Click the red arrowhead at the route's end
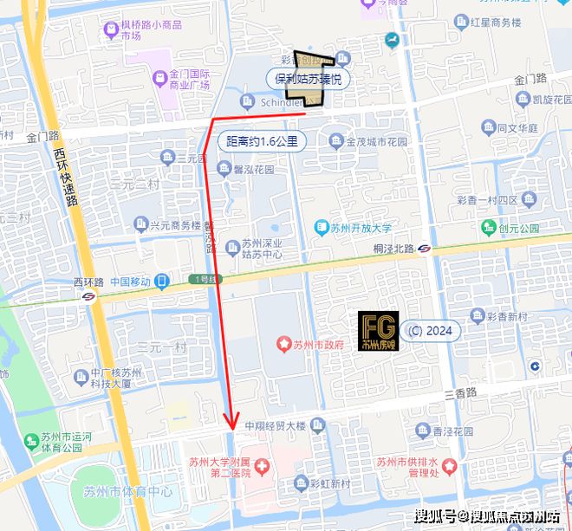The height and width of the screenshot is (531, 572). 231,421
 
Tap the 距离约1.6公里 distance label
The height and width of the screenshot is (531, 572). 261,141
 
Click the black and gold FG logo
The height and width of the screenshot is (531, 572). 379,331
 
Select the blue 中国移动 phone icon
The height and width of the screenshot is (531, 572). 162,282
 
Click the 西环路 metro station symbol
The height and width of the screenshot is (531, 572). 89,296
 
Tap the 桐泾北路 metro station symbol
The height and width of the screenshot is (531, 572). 424,248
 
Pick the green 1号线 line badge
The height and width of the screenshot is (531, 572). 205,280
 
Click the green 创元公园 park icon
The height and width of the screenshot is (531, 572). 491,229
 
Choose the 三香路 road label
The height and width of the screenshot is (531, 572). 460,392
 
